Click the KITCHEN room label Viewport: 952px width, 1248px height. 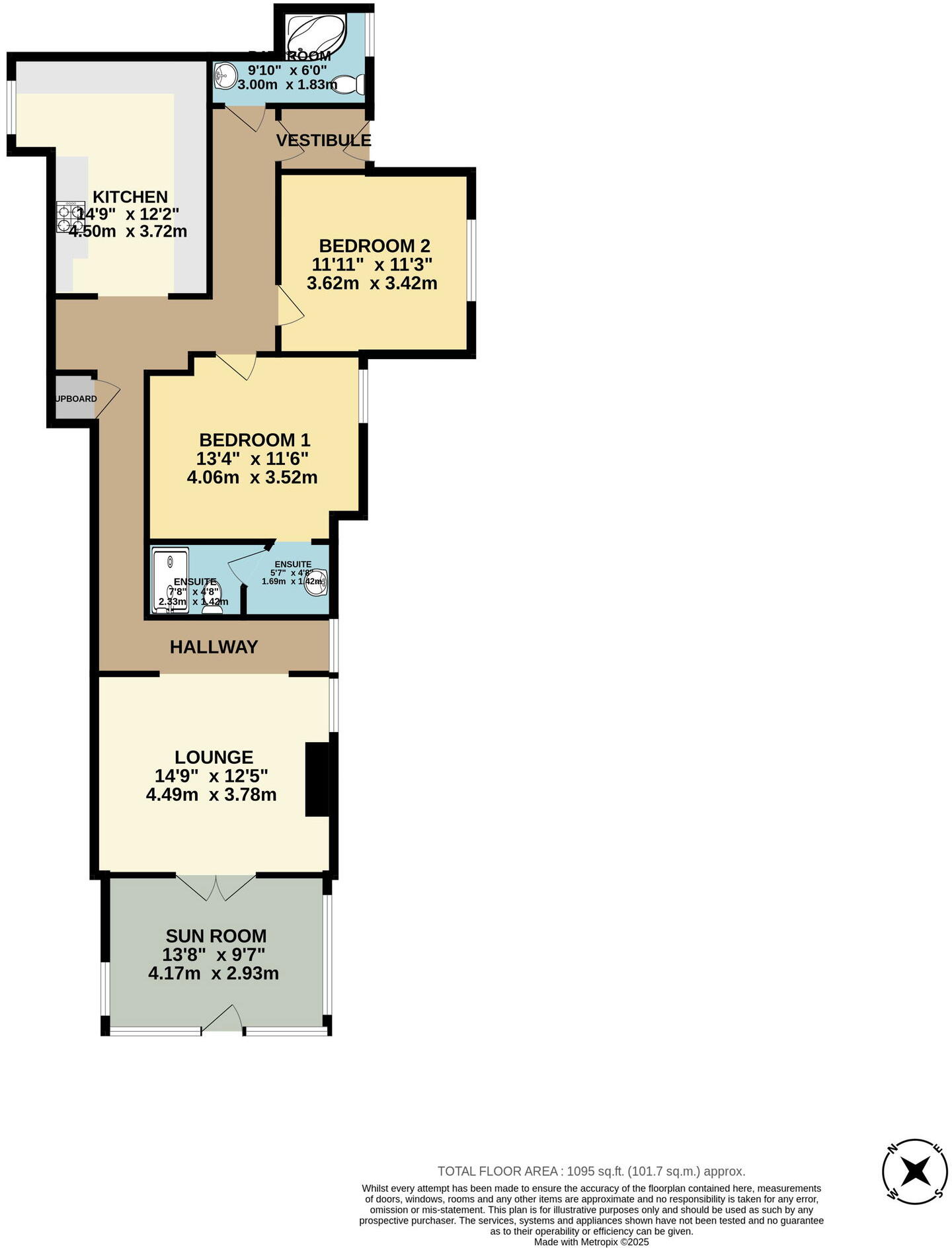(130, 197)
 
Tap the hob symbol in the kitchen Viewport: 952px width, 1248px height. (69, 218)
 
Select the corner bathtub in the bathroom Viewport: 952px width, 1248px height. (316, 33)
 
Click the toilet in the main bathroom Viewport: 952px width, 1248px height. (349, 84)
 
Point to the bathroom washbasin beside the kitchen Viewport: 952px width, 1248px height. (226, 75)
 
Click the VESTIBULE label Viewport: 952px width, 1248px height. (323, 140)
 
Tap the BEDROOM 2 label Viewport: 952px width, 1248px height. (374, 246)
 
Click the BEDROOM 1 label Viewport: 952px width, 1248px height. (255, 440)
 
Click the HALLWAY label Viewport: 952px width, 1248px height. (214, 647)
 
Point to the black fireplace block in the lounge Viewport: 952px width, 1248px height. (317, 780)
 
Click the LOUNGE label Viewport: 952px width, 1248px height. (214, 757)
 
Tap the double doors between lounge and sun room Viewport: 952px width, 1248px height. (216, 887)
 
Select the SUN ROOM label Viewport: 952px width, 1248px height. (216, 936)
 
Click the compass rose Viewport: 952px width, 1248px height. (916, 1171)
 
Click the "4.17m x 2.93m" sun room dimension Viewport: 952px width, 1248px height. (214, 974)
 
